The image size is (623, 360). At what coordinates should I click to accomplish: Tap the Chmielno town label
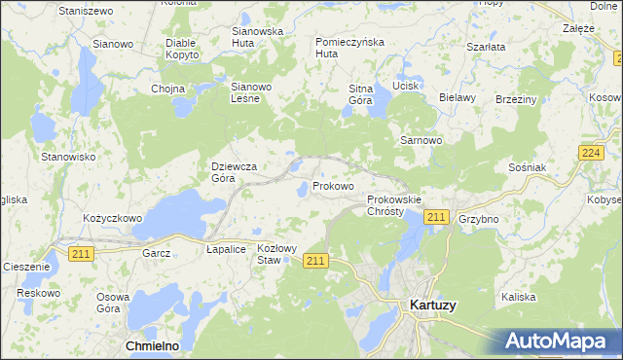click(156, 345)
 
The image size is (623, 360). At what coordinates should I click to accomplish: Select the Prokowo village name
click(333, 185)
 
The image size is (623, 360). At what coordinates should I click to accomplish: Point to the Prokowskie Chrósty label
click(394, 205)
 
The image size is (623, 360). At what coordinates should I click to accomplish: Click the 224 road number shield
click(590, 154)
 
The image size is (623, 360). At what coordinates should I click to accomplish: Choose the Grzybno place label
click(478, 219)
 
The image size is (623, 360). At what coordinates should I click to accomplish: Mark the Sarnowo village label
click(421, 140)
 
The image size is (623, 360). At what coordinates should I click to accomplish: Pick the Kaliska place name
click(519, 296)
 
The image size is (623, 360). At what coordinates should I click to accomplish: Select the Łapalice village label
click(225, 249)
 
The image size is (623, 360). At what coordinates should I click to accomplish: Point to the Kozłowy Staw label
click(276, 254)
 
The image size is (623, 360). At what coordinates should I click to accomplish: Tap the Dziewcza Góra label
click(234, 172)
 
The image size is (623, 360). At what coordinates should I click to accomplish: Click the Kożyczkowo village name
click(113, 219)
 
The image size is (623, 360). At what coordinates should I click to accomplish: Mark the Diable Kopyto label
click(182, 49)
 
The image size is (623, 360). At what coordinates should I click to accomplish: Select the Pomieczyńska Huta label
click(350, 48)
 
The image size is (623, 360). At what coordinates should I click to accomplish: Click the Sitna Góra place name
click(361, 94)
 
